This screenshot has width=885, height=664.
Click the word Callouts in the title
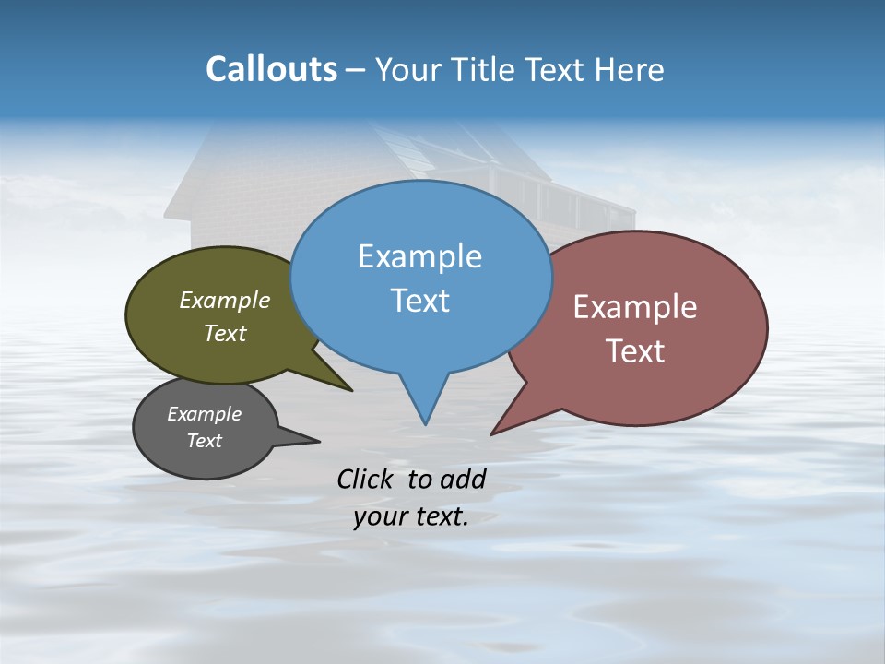tap(272, 69)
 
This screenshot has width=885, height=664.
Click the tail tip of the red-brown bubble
tap(493, 433)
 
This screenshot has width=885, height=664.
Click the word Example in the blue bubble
tap(419, 256)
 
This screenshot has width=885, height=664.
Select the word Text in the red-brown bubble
tap(635, 351)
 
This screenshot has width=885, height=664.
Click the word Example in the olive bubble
tap(225, 301)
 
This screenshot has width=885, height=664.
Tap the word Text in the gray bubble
tap(205, 441)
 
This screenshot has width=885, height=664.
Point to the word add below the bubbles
tap(463, 479)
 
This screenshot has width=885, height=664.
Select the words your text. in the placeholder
tap(411, 516)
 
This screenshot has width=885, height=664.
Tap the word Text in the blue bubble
tap(420, 301)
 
